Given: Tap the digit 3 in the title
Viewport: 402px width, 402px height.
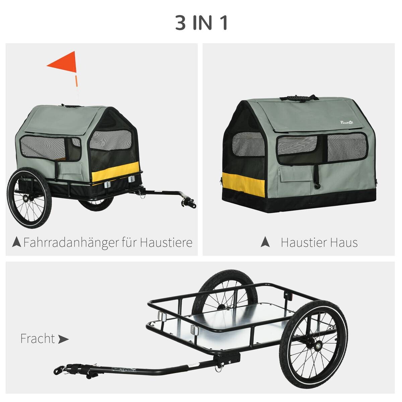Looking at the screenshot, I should click(181, 23).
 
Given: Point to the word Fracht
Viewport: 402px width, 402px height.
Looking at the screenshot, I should click(37, 338).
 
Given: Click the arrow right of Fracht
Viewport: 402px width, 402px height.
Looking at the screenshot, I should click(63, 339).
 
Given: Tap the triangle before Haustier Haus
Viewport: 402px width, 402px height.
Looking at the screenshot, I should click(265, 242).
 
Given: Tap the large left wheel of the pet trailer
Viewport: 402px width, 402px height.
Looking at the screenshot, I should click(27, 199).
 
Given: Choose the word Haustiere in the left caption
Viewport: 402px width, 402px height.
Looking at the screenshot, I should click(166, 242).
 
